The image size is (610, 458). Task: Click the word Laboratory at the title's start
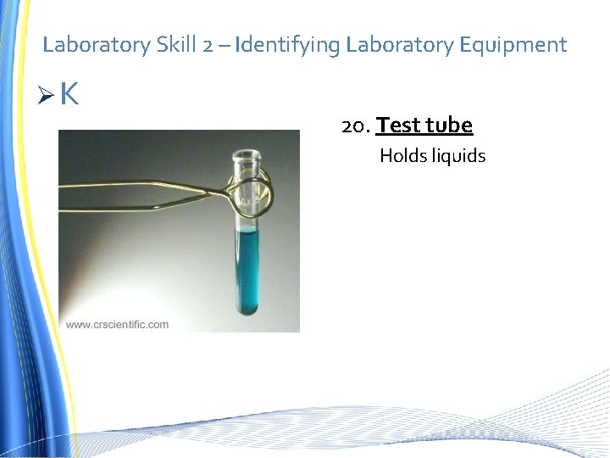[x=97, y=45]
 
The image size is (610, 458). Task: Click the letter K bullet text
[x=69, y=95]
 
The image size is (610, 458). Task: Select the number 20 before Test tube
[x=353, y=126]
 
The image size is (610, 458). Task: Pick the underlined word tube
[x=448, y=126]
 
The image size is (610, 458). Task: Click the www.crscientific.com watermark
[x=117, y=324]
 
